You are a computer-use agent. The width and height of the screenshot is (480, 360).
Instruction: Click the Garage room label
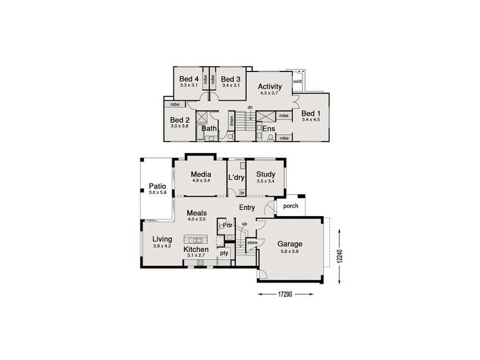289,244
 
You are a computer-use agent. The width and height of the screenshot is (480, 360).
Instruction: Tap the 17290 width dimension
286,294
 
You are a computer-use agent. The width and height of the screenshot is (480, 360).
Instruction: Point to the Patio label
158,187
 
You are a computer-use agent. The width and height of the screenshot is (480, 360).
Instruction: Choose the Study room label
265,175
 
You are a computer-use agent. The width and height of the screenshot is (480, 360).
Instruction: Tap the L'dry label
236,178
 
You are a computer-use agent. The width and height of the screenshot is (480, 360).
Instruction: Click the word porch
291,206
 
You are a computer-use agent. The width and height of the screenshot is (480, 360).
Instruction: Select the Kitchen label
196,250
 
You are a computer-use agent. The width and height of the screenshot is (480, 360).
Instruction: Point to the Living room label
161,239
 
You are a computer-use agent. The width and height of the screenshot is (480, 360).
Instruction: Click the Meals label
197,213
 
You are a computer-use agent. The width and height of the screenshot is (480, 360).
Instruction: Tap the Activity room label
269,86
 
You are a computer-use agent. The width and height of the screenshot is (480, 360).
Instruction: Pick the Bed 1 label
311,113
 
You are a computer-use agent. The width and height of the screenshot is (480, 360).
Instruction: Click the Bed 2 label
179,119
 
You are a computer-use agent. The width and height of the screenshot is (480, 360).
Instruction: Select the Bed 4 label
189,79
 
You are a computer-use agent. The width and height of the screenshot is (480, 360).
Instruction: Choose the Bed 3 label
230,79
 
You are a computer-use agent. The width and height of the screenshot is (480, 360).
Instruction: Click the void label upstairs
297,81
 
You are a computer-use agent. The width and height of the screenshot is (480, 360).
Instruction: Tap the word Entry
247,208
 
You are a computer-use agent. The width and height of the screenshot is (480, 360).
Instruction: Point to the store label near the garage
252,242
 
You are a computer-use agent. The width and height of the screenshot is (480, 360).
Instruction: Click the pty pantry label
224,253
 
